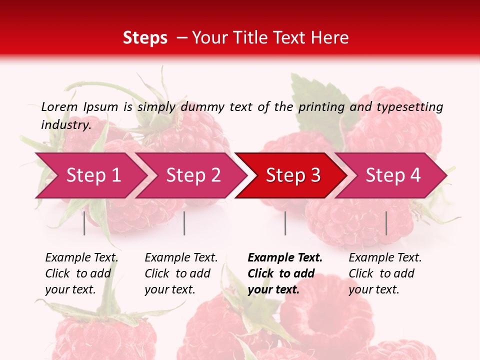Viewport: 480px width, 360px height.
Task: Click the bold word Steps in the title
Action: click(x=145, y=37)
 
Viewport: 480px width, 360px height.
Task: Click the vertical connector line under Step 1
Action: click(x=84, y=223)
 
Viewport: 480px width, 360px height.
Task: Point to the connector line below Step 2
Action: click(x=184, y=223)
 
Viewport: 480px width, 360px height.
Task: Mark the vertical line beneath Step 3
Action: click(x=285, y=223)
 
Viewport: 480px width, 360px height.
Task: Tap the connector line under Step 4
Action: click(x=386, y=223)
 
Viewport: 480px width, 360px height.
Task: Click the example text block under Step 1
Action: click(x=81, y=273)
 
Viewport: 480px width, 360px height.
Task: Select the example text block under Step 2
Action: click(x=181, y=273)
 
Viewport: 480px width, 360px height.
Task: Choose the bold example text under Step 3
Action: click(x=285, y=273)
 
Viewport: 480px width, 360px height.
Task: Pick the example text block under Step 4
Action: click(x=385, y=273)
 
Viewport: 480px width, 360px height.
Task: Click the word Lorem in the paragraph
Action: click(x=59, y=106)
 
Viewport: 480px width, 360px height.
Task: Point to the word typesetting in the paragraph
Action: click(x=409, y=106)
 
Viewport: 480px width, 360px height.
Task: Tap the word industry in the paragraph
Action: click(x=66, y=124)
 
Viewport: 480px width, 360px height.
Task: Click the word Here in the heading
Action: click(x=330, y=37)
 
